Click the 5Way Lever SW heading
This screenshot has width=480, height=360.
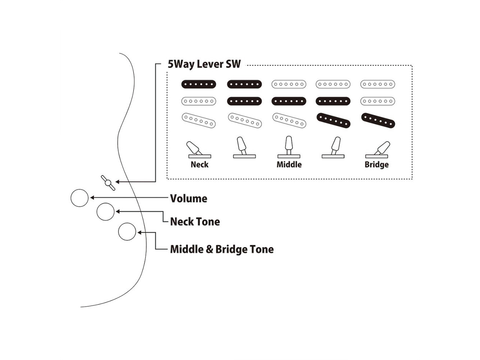point(204,64)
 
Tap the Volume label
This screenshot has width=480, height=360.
point(188,198)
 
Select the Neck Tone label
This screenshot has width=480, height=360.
point(195,222)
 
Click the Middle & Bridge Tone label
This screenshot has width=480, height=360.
point(222,249)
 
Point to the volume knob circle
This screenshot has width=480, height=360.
point(79,198)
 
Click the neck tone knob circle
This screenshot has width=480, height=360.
point(105,212)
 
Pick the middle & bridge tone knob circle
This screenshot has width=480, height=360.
point(127,232)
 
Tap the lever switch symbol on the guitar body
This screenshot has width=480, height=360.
point(108,183)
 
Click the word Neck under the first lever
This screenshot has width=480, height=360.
point(199,164)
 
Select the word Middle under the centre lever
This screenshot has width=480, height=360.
point(289,164)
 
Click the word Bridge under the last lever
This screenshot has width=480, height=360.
point(376,164)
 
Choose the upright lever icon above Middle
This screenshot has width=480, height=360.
point(289,147)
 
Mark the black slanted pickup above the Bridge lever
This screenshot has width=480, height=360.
point(378,121)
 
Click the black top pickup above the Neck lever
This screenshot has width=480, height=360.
point(199,84)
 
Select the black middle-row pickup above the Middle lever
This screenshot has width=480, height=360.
point(289,101)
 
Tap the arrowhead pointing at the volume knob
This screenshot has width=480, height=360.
point(92,197)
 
